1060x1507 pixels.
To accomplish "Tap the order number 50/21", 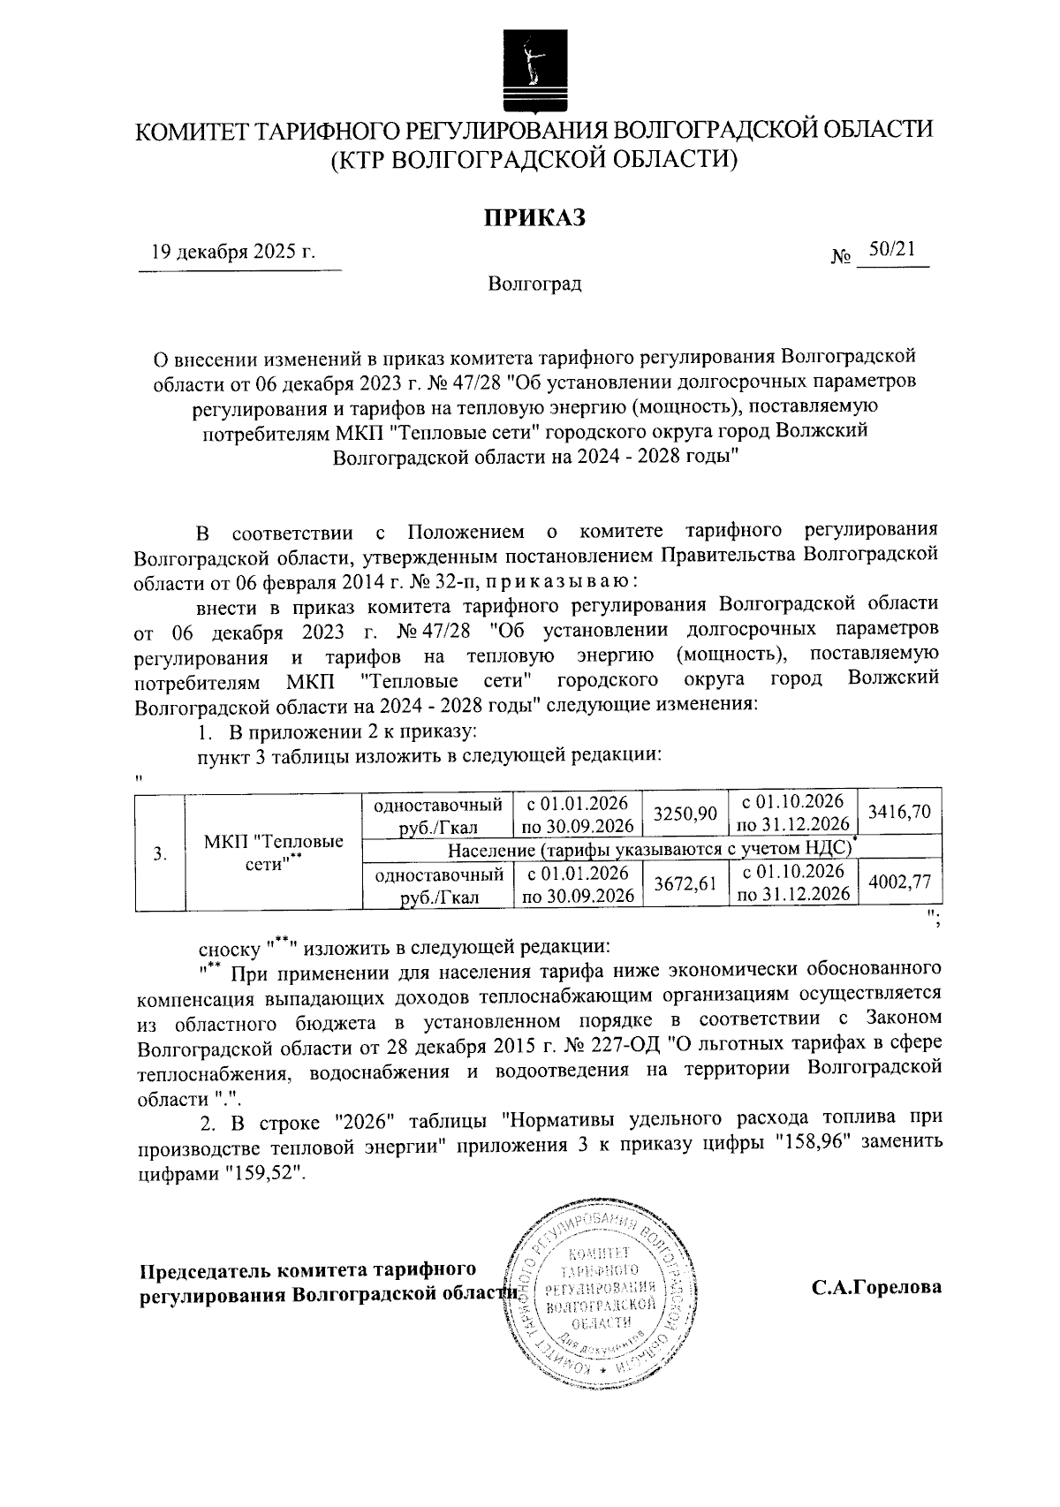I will coord(891,250).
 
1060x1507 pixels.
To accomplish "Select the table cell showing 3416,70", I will coord(899,812).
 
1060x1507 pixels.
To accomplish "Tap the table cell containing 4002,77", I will coord(899,884).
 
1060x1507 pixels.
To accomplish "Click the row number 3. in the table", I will coord(159,853).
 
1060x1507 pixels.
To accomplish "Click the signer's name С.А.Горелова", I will coord(876,1287).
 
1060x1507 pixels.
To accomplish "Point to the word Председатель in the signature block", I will coord(205,1269).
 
